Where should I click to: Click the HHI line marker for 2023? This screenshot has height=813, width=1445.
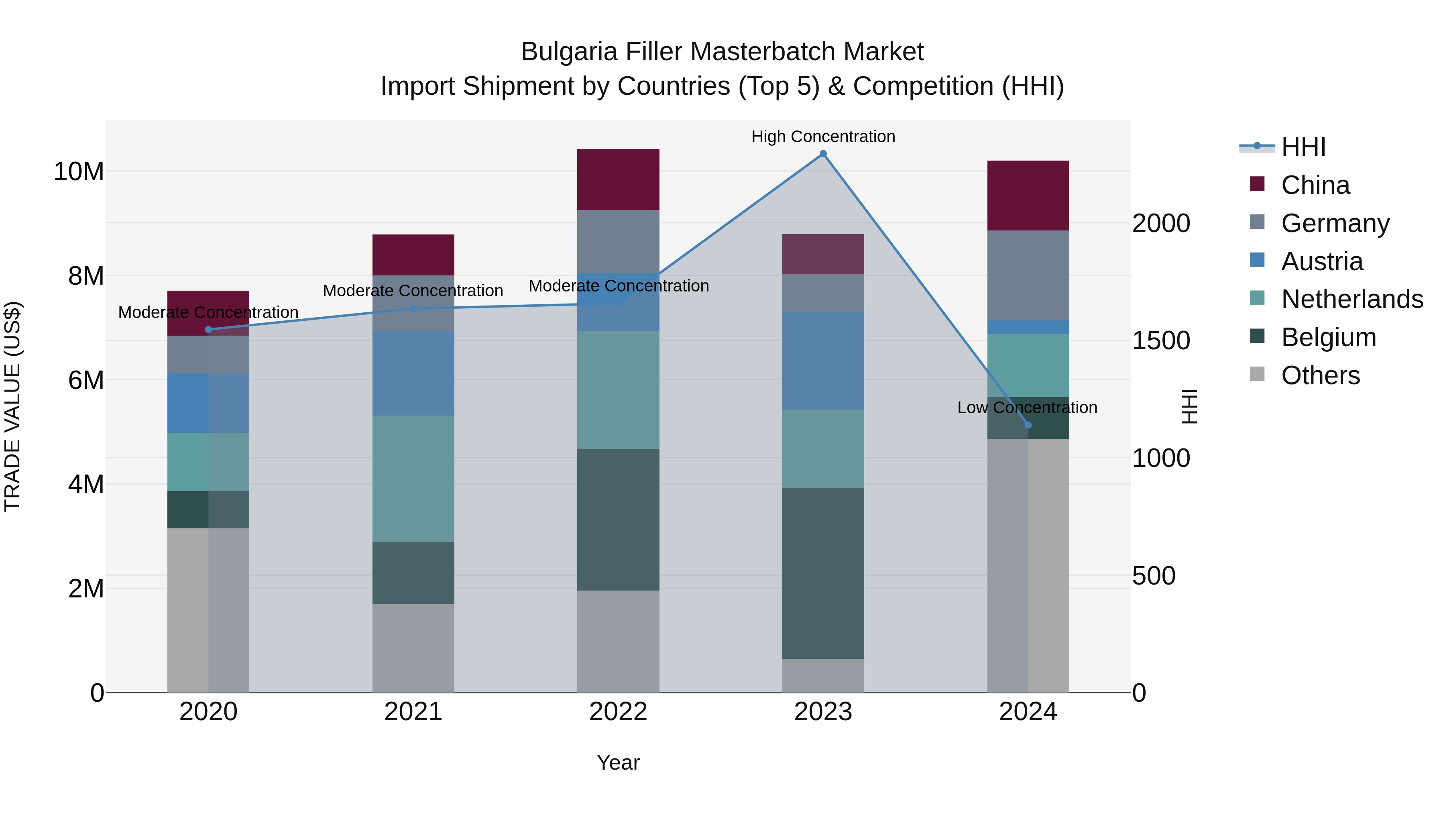point(823,154)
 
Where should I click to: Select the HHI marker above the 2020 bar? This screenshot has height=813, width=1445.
point(208,329)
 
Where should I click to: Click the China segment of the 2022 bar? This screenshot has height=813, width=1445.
point(618,179)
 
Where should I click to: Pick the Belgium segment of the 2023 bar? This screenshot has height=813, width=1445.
point(823,573)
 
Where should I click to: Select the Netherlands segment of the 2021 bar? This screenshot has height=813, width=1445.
point(413,479)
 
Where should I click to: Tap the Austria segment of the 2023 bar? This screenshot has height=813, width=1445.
point(823,361)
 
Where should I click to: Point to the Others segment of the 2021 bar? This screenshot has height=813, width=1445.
point(413,648)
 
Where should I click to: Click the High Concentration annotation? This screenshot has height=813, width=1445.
point(823,137)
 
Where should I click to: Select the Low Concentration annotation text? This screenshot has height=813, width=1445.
point(1027,408)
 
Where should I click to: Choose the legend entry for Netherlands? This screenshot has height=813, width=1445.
point(1352,299)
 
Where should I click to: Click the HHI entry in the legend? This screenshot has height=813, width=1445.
point(1303,147)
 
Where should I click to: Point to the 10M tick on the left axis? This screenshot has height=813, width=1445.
point(79,171)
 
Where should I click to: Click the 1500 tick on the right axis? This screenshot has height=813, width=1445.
point(1160,340)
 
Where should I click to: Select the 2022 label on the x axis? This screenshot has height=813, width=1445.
point(618,712)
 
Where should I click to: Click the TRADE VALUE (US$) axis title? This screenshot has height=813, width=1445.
point(12,406)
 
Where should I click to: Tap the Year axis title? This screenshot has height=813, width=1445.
point(618,762)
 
